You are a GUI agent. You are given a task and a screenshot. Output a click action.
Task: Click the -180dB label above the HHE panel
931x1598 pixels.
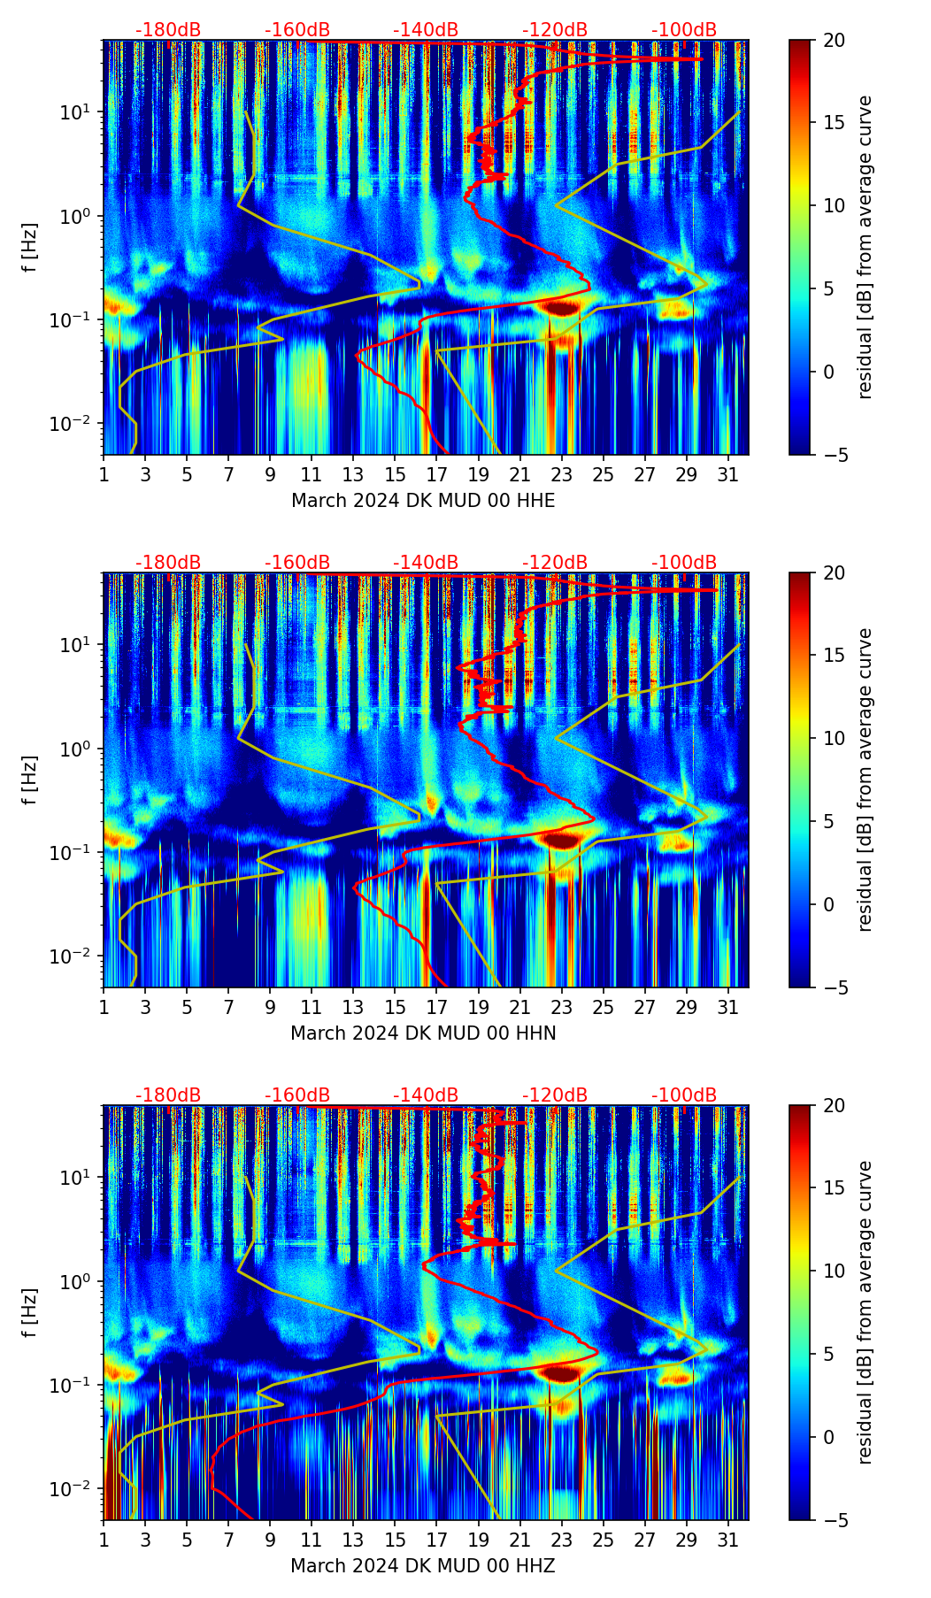click(168, 30)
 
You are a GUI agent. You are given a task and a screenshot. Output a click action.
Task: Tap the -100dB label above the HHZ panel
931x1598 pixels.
click(684, 1095)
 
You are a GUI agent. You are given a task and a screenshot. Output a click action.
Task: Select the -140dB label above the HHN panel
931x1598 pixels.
click(426, 563)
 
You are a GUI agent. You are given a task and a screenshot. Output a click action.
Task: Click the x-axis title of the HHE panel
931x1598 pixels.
click(423, 501)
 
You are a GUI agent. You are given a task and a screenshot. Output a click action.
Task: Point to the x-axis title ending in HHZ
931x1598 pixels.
click(423, 1566)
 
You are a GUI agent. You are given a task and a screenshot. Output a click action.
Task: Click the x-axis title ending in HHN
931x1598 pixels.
click(423, 1033)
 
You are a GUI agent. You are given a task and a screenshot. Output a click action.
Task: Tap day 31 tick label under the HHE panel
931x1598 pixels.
click(727, 475)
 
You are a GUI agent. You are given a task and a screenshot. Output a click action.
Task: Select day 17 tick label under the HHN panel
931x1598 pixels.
click(437, 1008)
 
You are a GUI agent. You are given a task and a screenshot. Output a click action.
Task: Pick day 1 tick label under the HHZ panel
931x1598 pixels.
click(104, 1540)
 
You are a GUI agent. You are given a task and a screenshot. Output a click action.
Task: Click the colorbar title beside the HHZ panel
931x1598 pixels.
click(866, 1312)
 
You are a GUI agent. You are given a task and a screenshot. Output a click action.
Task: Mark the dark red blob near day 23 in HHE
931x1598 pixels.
click(561, 307)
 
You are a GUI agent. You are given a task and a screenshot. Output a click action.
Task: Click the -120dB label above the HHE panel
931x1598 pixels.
click(555, 30)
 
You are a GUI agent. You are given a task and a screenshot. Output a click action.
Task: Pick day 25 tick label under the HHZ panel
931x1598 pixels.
click(604, 1540)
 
